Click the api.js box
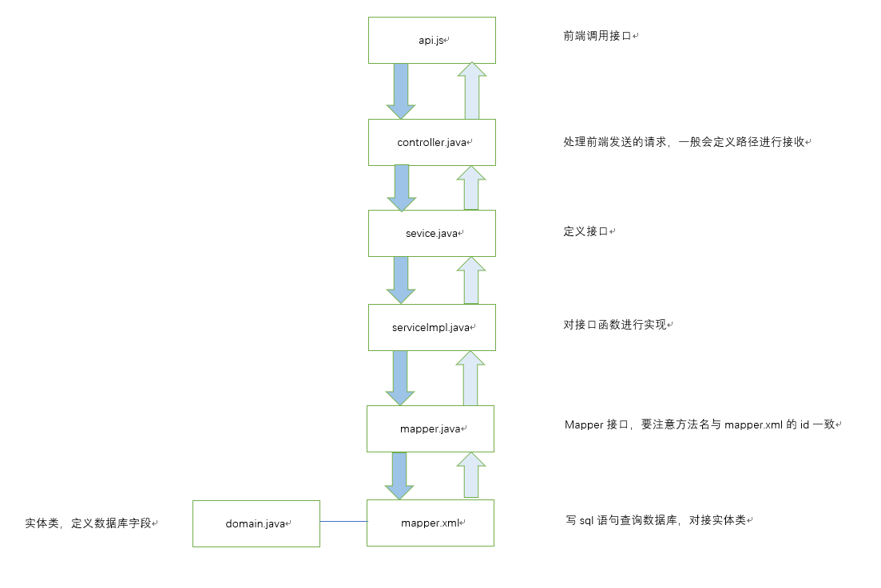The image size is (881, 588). coord(431,40)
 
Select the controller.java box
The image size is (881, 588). coord(431,142)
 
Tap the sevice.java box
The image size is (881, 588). coord(431,233)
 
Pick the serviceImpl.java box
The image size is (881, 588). coord(431,327)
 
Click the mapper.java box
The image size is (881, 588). coord(430,428)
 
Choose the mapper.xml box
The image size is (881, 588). coord(430,523)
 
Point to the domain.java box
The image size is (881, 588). coord(256,523)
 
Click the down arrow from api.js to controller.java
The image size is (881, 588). coord(400,90)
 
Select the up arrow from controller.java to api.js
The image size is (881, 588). coord(472,92)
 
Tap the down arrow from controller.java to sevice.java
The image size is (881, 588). coord(400,187)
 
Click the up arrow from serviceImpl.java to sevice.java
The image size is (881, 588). coord(471,280)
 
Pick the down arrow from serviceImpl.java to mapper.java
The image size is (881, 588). coord(400,377)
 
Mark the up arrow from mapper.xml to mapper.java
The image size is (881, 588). coord(471,475)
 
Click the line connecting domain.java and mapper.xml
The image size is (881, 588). coord(343,521)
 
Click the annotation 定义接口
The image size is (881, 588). coord(585,231)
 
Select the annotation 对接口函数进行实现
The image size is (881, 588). coord(615,325)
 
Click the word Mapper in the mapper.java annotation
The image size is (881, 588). coord(584,424)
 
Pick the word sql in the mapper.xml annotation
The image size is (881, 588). coord(586,520)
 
